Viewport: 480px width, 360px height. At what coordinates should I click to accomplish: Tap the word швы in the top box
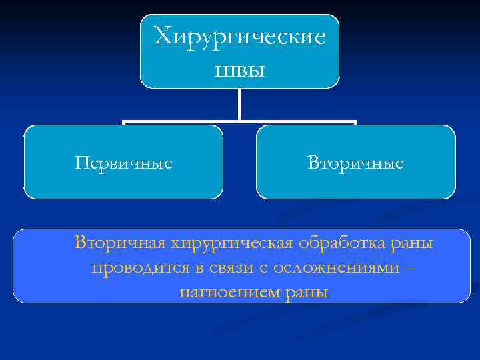[240, 69]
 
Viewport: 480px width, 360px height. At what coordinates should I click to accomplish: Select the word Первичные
[123, 163]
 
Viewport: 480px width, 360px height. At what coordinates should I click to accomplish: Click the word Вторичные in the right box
[355, 163]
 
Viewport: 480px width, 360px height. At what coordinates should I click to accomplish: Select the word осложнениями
[329, 268]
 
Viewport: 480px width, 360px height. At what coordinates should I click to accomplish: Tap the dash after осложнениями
[409, 268]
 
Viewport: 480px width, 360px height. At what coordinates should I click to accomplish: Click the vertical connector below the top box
[239, 105]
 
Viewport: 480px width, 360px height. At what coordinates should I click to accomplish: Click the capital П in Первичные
[82, 163]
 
